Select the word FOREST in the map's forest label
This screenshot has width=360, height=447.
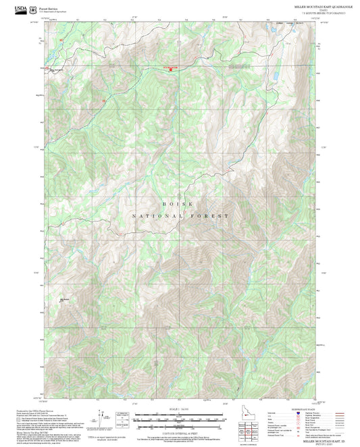[212, 216]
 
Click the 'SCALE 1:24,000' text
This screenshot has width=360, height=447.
[179, 409]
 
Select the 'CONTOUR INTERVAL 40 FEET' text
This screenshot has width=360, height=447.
[179, 434]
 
